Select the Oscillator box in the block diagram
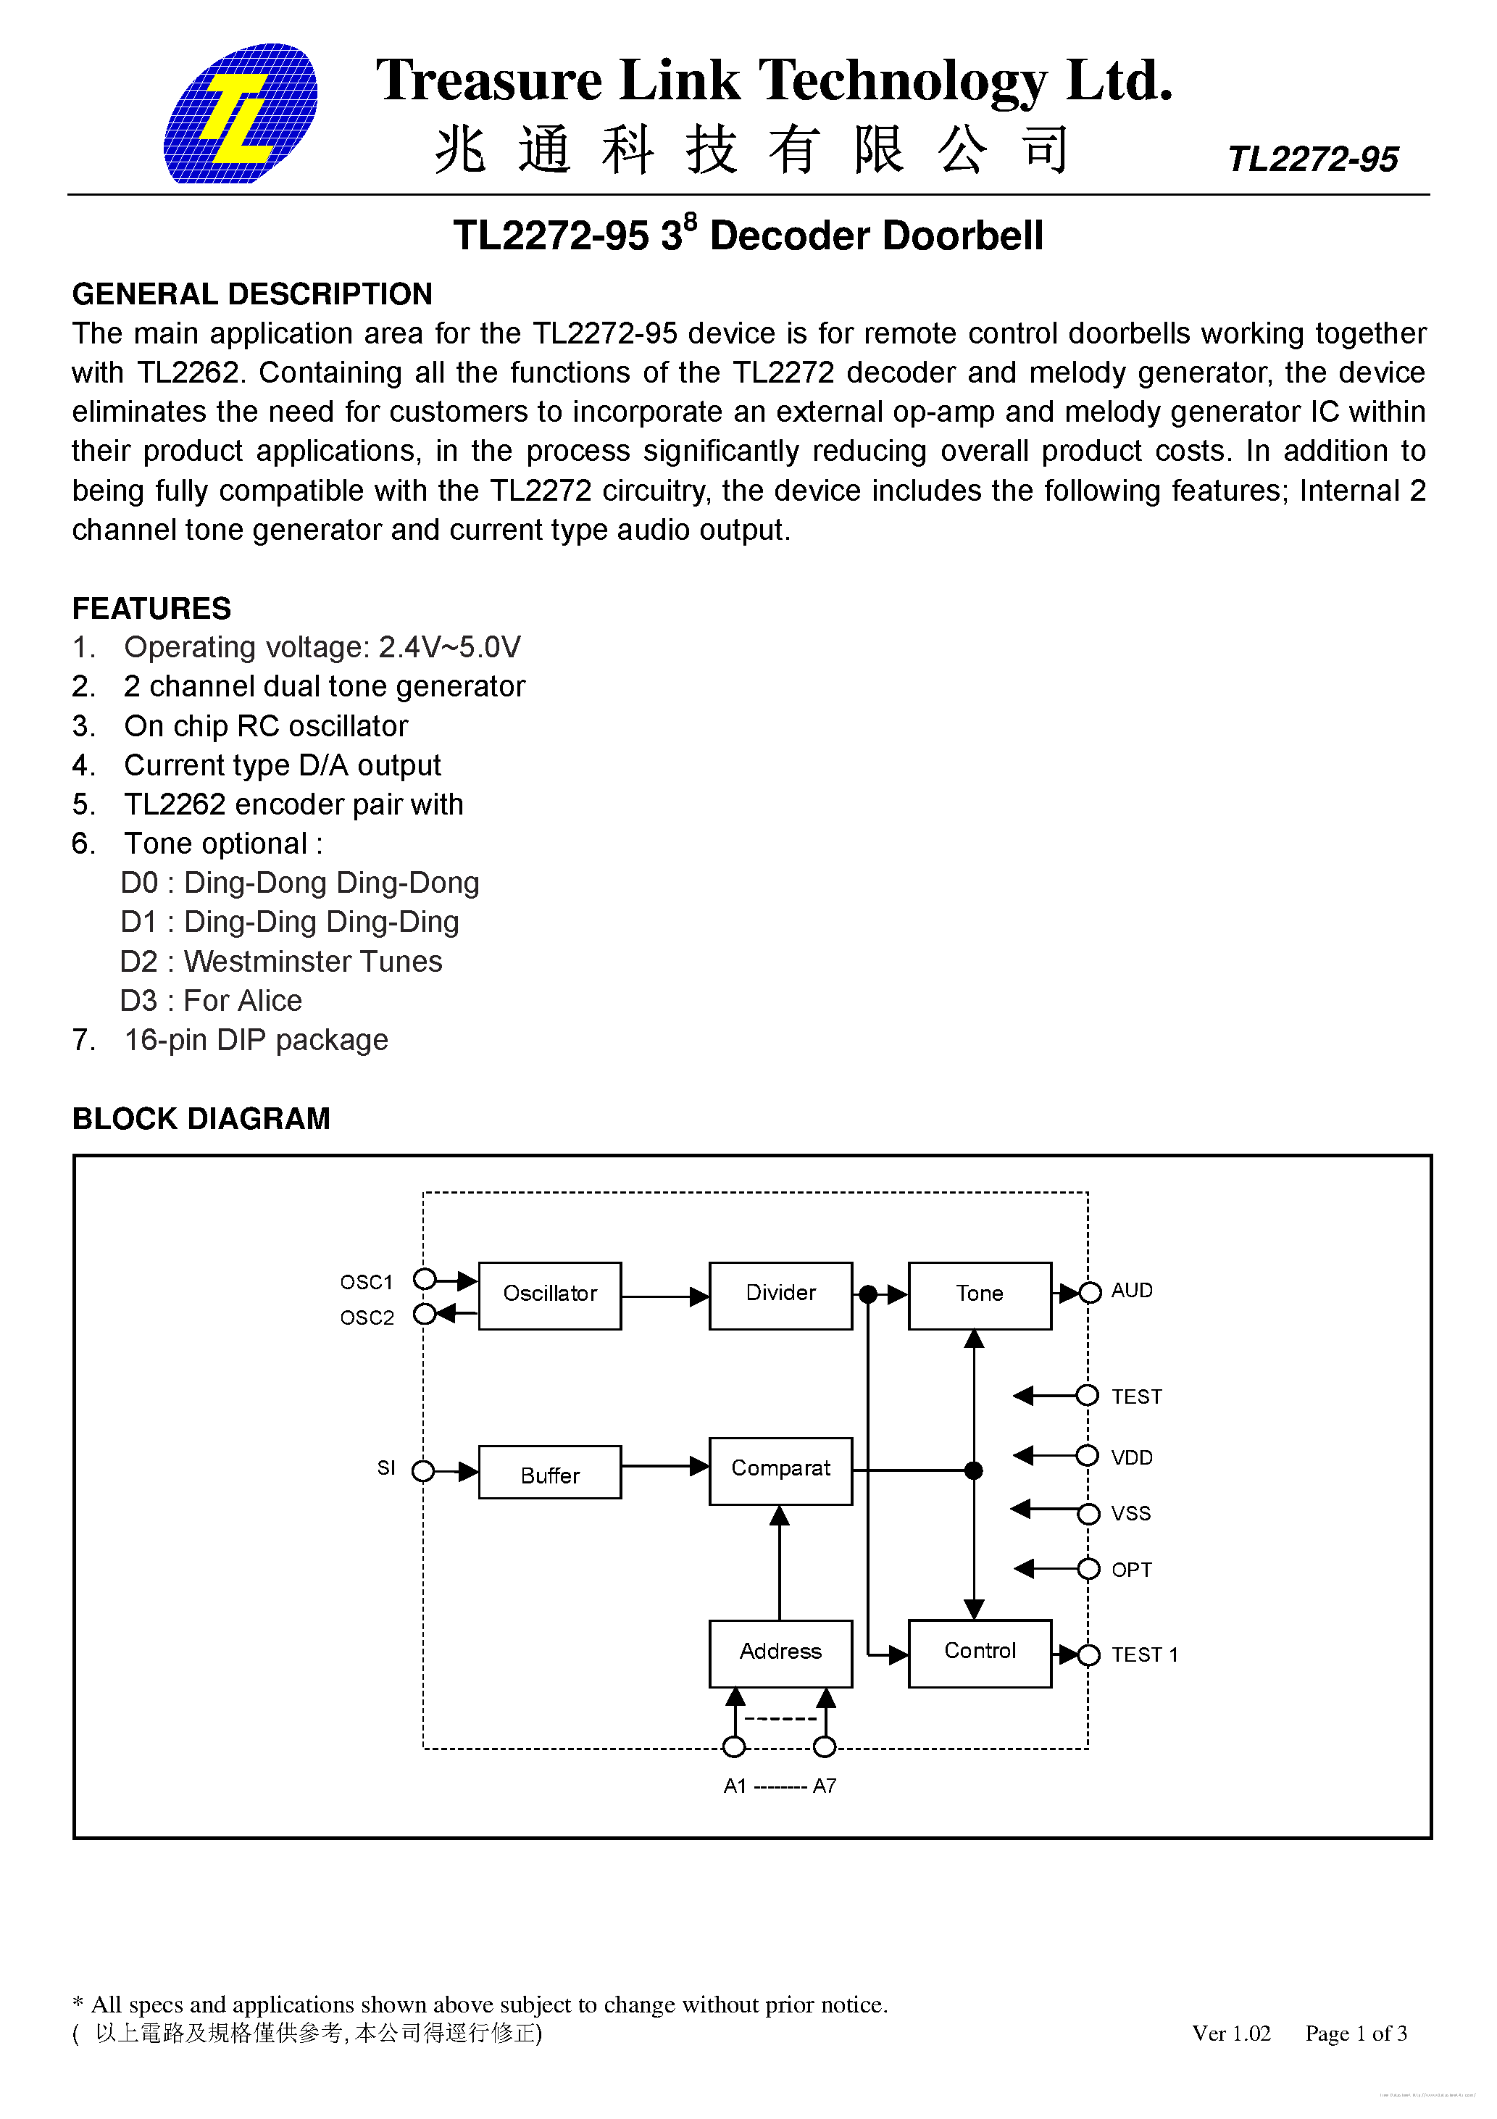click(x=549, y=1295)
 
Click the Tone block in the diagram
click(x=979, y=1295)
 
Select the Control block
click(x=979, y=1653)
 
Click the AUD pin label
click(x=1132, y=1290)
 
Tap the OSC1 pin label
click(x=367, y=1282)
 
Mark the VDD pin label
click(x=1132, y=1457)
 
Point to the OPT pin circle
click(x=1089, y=1569)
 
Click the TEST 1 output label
click(x=1144, y=1654)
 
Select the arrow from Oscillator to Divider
click(x=664, y=1296)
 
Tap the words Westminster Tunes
click(x=313, y=962)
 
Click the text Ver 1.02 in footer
click(x=1231, y=2033)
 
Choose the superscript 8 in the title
click(x=691, y=220)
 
